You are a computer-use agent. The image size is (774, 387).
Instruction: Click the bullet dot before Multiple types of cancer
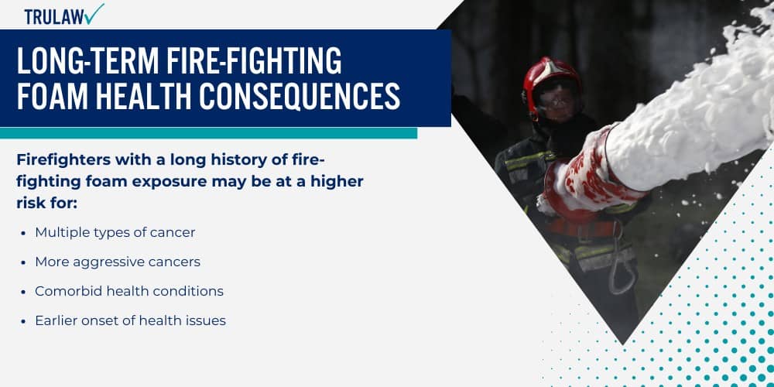[x=26, y=232]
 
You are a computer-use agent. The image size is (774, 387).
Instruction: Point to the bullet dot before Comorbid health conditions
[x=26, y=291]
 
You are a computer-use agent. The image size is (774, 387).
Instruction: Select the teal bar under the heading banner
[x=209, y=133]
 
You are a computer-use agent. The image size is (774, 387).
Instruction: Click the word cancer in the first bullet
[x=171, y=232]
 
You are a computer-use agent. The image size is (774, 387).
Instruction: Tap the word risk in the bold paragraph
[x=31, y=202]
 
